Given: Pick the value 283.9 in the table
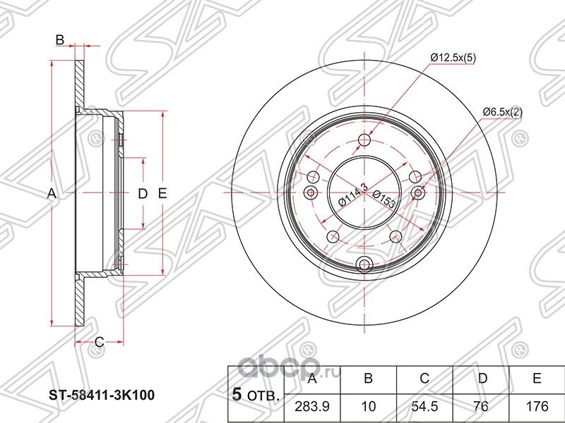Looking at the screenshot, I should [x=311, y=407].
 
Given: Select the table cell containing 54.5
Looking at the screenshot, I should [x=424, y=407].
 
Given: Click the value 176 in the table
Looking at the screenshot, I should [x=537, y=407].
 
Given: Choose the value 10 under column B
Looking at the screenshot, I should [x=367, y=407].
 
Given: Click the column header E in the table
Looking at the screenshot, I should [x=537, y=379].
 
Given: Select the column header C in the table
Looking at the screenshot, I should [x=424, y=379].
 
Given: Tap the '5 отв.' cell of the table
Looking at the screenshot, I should [x=254, y=395].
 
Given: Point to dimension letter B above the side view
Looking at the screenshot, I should [x=61, y=40].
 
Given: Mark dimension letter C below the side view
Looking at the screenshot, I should [x=100, y=343].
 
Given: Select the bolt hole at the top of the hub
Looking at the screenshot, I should [x=364, y=140].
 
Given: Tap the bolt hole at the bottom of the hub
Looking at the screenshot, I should [x=364, y=264].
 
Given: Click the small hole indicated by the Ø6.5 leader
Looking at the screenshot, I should [x=418, y=193].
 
